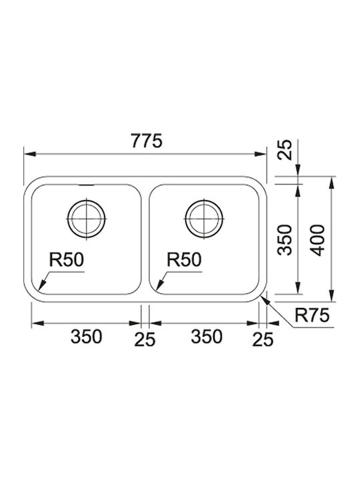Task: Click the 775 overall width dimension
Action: pos(146,141)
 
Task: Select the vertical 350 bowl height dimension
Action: pos(285,240)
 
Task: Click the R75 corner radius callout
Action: pos(312,315)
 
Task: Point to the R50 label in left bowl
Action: pos(67,260)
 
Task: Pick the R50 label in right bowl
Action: pos(184,260)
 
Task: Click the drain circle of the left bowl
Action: pos(87,219)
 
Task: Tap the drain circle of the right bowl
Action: pos(204,219)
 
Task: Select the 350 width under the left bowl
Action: pos(86,337)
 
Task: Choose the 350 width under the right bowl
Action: pos(207,337)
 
